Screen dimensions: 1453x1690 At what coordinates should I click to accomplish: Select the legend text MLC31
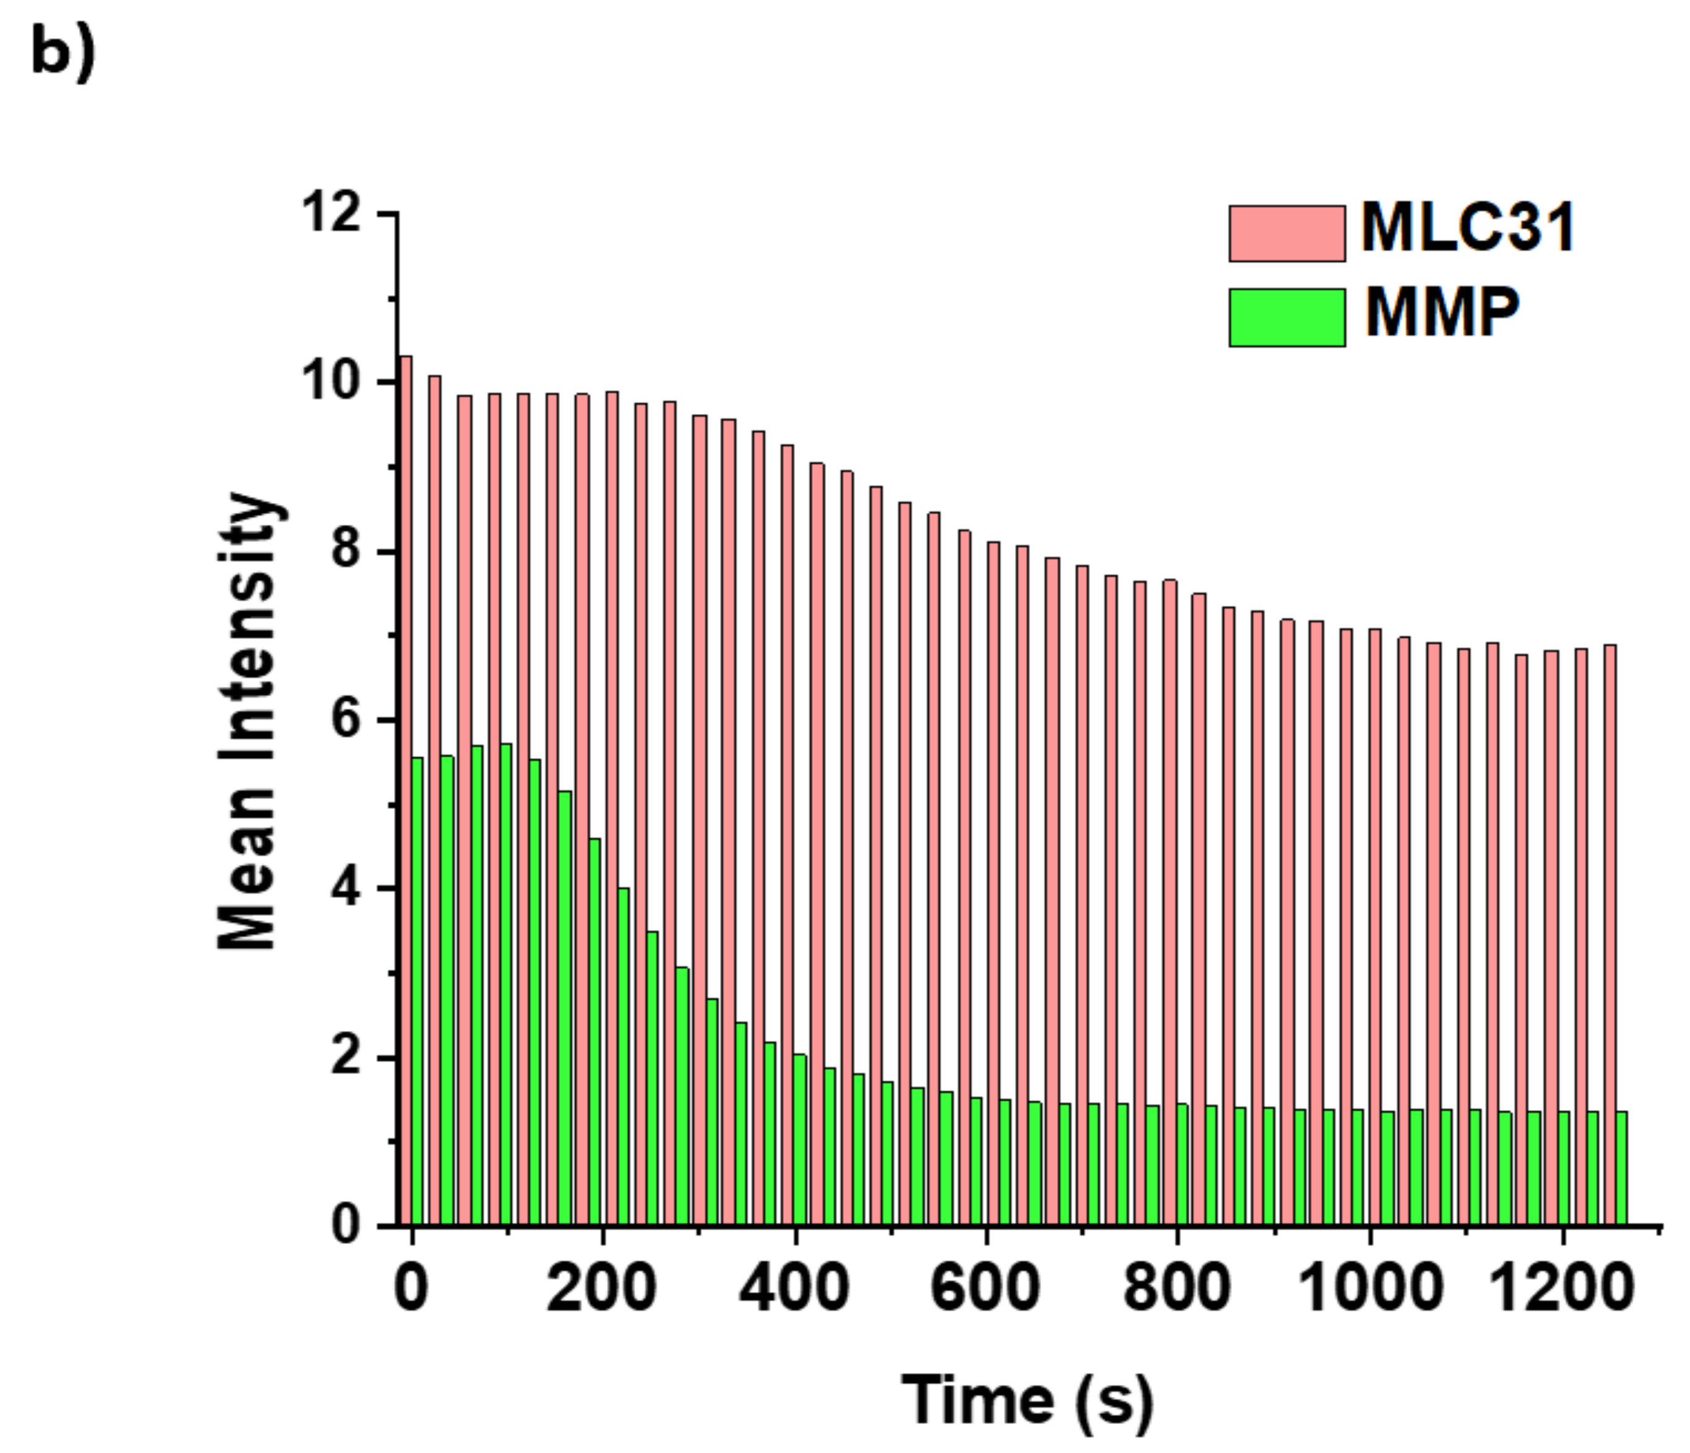point(1467,228)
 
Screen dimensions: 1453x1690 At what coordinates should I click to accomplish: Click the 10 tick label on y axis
point(331,382)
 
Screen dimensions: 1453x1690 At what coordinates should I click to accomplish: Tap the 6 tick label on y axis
point(346,720)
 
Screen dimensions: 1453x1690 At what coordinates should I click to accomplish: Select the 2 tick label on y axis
point(346,1058)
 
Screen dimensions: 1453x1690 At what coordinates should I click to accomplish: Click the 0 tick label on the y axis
point(346,1225)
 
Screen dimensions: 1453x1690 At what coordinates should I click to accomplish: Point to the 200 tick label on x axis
point(601,1288)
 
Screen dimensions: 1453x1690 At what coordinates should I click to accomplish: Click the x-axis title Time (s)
point(1027,1400)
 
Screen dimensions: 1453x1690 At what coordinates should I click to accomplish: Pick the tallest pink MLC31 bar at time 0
point(405,791)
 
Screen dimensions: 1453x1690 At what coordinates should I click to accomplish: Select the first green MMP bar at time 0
point(418,991)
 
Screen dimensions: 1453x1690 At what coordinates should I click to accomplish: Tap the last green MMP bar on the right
point(1621,1168)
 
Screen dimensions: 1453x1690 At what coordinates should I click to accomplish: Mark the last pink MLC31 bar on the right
point(1609,935)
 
